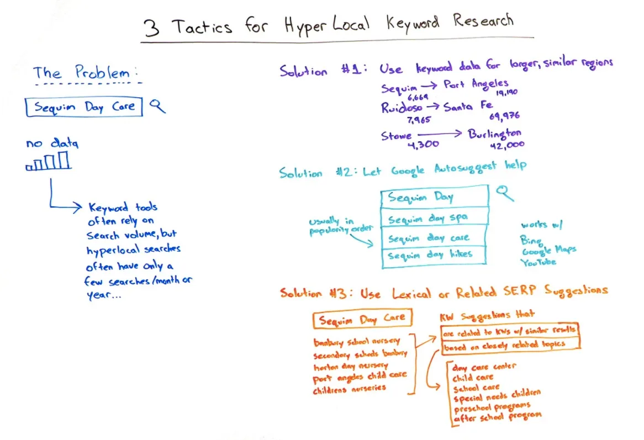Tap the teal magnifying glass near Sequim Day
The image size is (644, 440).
(x=504, y=193)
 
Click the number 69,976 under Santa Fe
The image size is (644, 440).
(x=504, y=117)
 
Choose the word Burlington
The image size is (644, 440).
(x=494, y=134)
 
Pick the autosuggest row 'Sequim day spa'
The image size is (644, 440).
(x=434, y=218)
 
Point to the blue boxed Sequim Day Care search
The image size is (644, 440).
(x=84, y=107)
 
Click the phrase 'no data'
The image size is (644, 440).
(x=52, y=144)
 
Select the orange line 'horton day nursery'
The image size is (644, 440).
(x=350, y=366)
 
